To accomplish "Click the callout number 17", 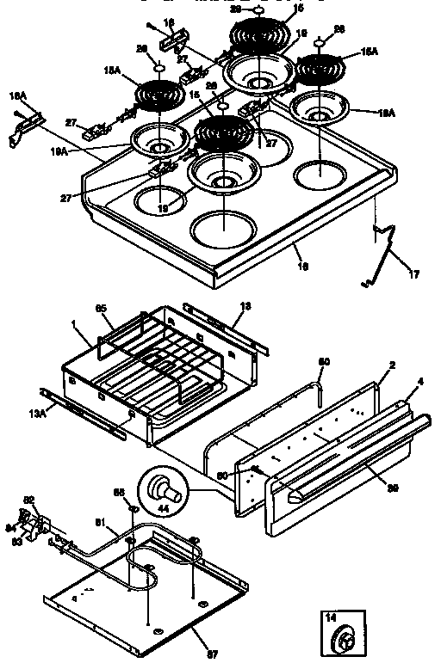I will (414, 276).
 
